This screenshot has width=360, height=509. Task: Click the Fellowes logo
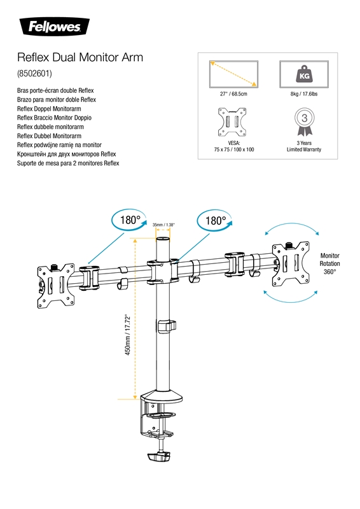[55, 27]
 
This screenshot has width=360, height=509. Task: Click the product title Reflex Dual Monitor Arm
[80, 57]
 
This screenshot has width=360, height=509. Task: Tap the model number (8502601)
[34, 73]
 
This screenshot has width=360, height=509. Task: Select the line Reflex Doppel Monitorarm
[49, 109]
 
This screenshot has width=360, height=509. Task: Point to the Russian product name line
[67, 154]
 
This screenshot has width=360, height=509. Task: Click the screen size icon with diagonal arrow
[233, 74]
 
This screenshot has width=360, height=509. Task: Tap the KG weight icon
[304, 74]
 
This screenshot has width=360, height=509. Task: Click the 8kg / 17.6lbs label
[304, 94]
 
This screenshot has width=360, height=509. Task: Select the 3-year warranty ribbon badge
[304, 122]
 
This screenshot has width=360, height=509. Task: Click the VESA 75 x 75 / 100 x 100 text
[233, 146]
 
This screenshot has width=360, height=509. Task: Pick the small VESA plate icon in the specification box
[232, 122]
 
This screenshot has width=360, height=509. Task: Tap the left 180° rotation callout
[130, 220]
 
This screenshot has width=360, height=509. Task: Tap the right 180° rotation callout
[214, 220]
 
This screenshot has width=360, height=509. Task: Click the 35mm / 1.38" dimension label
[163, 225]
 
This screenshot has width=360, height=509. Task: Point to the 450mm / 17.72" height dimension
[128, 335]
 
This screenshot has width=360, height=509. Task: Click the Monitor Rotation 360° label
[330, 263]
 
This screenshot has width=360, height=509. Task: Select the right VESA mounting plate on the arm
[291, 264]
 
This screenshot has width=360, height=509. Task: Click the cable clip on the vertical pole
[167, 326]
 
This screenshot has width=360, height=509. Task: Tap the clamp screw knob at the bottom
[159, 456]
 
